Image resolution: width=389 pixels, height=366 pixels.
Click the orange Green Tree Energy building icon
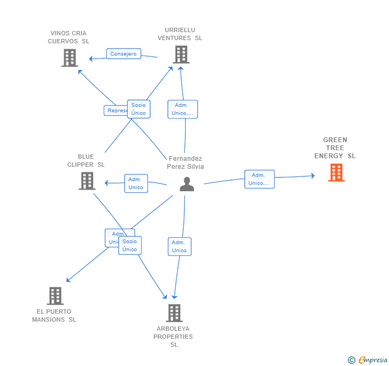click(336, 173)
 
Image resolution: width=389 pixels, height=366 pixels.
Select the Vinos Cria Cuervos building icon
click(69, 58)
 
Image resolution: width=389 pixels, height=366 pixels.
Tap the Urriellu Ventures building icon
click(181, 54)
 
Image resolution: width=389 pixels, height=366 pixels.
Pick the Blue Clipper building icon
click(87, 181)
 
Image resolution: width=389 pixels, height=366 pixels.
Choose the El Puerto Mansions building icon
click(55, 296)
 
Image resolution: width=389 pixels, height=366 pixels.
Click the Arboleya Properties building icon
click(174, 313)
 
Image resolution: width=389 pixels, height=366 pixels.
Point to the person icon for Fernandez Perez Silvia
click(186, 184)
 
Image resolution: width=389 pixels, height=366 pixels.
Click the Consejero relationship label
click(123, 54)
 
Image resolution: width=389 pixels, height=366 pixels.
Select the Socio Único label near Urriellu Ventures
click(138, 109)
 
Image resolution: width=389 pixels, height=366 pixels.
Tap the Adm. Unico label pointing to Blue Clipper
click(136, 183)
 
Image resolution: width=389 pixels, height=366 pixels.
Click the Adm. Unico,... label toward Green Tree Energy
click(259, 179)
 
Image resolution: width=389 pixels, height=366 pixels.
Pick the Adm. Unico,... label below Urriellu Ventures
click(182, 109)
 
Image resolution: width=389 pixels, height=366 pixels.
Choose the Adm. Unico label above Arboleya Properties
click(179, 246)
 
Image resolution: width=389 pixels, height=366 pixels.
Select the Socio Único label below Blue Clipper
click(130, 245)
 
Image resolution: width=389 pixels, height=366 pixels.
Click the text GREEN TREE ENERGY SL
click(335, 148)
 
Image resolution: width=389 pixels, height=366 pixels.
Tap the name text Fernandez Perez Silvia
click(185, 162)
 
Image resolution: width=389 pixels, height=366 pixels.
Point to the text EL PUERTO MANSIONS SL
click(54, 315)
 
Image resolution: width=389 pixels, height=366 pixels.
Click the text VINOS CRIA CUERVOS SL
click(68, 37)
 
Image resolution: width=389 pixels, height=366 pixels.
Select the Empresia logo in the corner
click(368, 360)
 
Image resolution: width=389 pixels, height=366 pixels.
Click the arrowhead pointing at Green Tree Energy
click(313, 175)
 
